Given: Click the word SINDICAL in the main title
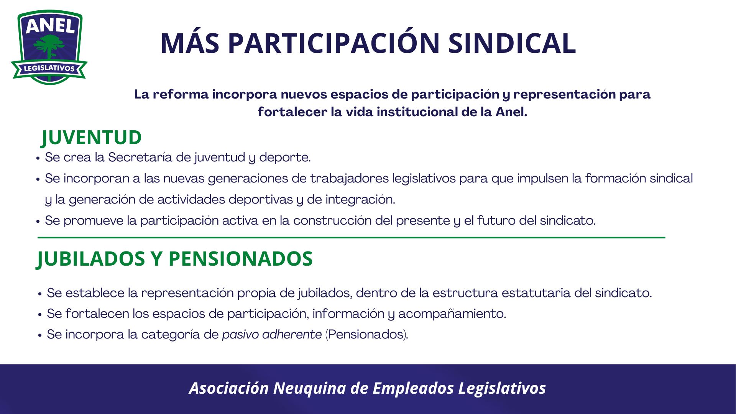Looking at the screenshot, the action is (x=512, y=43).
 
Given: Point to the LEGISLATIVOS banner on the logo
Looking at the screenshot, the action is (x=49, y=69).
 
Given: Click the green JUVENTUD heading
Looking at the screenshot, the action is (x=91, y=138).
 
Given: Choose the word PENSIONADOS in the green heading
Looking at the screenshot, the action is (x=241, y=258).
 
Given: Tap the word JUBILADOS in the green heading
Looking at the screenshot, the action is (x=91, y=259).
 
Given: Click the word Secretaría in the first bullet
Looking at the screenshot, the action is (x=140, y=157).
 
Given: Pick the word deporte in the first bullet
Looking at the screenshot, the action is (x=285, y=158).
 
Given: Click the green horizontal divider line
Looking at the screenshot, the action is (x=351, y=238).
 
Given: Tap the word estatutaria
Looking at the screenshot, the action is (x=536, y=293).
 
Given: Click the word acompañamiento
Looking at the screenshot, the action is (x=452, y=314).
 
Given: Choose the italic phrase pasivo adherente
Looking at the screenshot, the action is (x=272, y=334).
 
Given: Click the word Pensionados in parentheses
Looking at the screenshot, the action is (x=366, y=334).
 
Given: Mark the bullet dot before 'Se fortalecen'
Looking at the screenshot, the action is (x=40, y=314).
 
